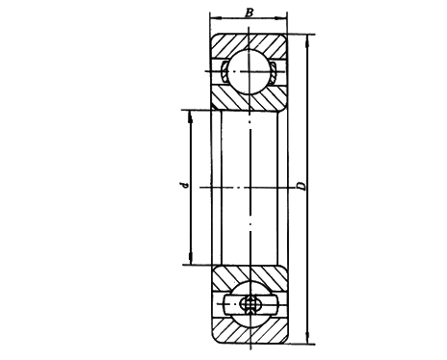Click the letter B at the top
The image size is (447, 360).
[250, 13]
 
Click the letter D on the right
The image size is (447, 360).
[302, 185]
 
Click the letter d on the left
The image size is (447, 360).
[182, 185]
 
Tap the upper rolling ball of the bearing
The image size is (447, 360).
[250, 71]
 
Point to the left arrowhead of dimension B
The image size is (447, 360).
[214, 20]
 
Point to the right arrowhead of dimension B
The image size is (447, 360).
[284, 20]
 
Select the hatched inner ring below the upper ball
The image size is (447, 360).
[250, 99]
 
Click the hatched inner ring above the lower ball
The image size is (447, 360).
[250, 275]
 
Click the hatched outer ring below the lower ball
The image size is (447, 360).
[250, 333]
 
